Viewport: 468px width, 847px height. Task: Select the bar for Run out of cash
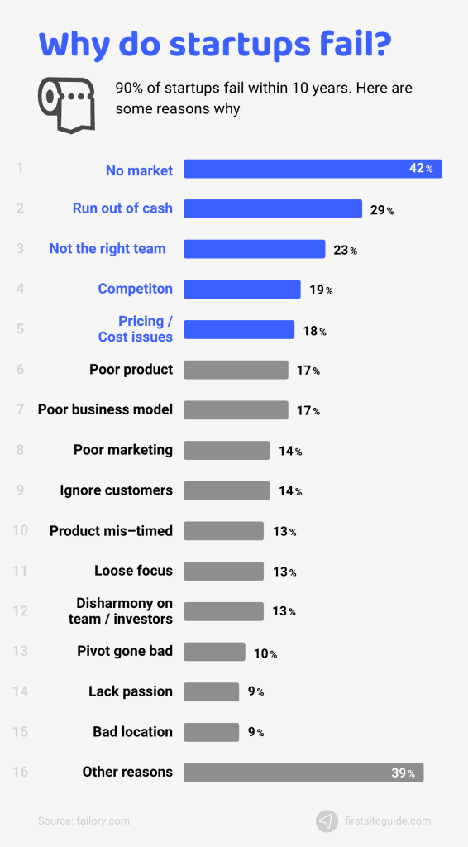coord(272,209)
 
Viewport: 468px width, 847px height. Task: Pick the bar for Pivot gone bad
coord(214,652)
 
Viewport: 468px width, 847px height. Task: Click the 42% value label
coord(421,169)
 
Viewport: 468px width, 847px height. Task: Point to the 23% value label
coord(345,250)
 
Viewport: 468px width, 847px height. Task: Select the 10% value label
coord(265,653)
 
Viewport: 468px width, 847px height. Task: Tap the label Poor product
coord(131,369)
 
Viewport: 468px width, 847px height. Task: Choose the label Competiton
coord(135,289)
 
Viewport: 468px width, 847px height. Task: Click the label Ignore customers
coord(116,490)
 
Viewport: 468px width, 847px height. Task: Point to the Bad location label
coord(132,732)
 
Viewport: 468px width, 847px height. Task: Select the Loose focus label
coord(133,571)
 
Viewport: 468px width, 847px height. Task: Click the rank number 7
coord(20,410)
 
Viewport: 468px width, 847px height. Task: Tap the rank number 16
coord(20,773)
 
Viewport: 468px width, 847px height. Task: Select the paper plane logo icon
coord(327,821)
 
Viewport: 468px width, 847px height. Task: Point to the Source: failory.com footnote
coord(84,821)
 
